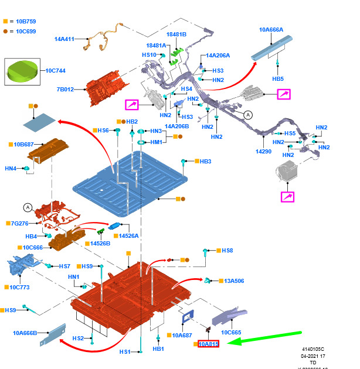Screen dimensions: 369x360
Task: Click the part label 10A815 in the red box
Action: coord(208,344)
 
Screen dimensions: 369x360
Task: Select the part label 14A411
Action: coord(64,39)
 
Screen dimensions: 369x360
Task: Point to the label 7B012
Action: coord(66,90)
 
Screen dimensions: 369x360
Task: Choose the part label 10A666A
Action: coord(271,29)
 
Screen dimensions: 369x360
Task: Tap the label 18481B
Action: coord(176,35)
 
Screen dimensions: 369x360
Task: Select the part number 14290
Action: coord(264,151)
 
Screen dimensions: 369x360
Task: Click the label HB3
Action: coord(205,161)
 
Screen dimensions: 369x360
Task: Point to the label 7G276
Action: coord(20,223)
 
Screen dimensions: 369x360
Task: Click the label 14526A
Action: coord(128,235)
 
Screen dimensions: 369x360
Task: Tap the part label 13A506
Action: coord(233,281)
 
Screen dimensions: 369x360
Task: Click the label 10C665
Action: coord(231,332)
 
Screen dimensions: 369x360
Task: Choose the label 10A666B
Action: coord(25,333)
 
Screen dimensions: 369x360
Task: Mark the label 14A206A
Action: coord(218,56)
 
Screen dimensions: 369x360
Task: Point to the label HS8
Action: coord(227,251)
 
